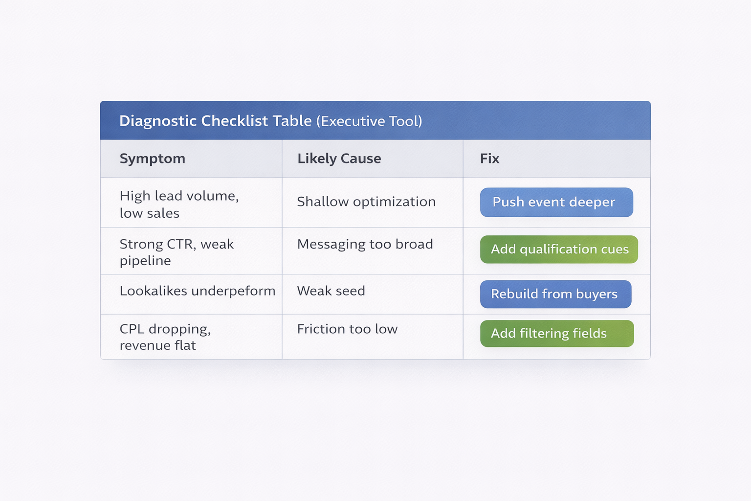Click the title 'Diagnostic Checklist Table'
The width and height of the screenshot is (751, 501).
[215, 121]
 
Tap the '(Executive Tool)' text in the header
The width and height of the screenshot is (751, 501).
[369, 121]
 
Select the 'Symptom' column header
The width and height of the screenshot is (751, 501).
[153, 159]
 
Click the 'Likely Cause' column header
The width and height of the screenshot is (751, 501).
[339, 159]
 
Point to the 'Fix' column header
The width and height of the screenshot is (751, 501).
[489, 159]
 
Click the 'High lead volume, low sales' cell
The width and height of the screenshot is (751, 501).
[179, 205]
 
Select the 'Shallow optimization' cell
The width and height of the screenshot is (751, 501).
[366, 202]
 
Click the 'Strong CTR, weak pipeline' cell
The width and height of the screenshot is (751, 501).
[177, 252]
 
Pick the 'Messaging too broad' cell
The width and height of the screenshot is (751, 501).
[365, 244]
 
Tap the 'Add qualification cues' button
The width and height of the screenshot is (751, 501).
[559, 250]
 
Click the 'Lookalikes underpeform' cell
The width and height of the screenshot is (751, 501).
[198, 291]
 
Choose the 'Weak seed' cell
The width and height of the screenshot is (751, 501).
[331, 291]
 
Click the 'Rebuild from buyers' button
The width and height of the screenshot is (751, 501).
[555, 294]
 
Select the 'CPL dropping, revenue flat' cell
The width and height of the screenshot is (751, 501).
[165, 337]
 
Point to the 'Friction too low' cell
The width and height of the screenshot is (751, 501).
[347, 329]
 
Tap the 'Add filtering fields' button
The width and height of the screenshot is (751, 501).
[557, 334]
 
